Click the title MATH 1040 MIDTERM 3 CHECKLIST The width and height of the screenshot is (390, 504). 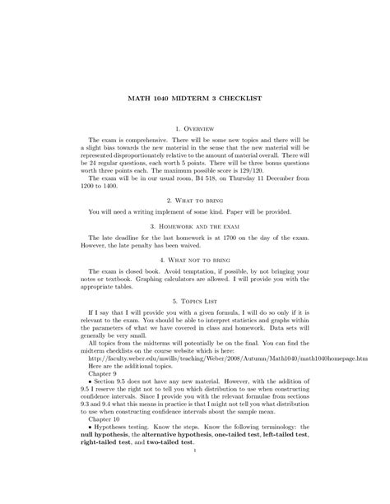194,98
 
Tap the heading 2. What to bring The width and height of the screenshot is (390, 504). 194,200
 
